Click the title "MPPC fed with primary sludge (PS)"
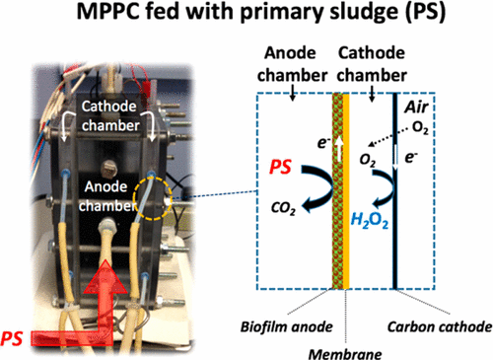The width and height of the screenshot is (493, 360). (x=246, y=18)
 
